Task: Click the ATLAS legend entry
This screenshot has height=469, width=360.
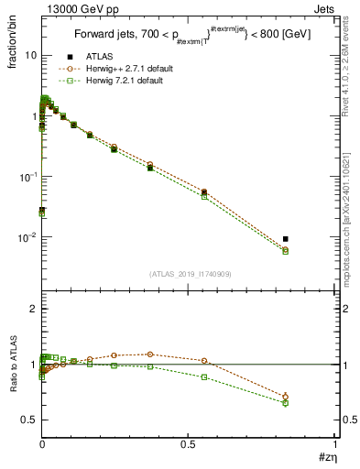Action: click(x=98, y=57)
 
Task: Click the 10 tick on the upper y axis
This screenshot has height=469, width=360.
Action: click(x=29, y=55)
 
